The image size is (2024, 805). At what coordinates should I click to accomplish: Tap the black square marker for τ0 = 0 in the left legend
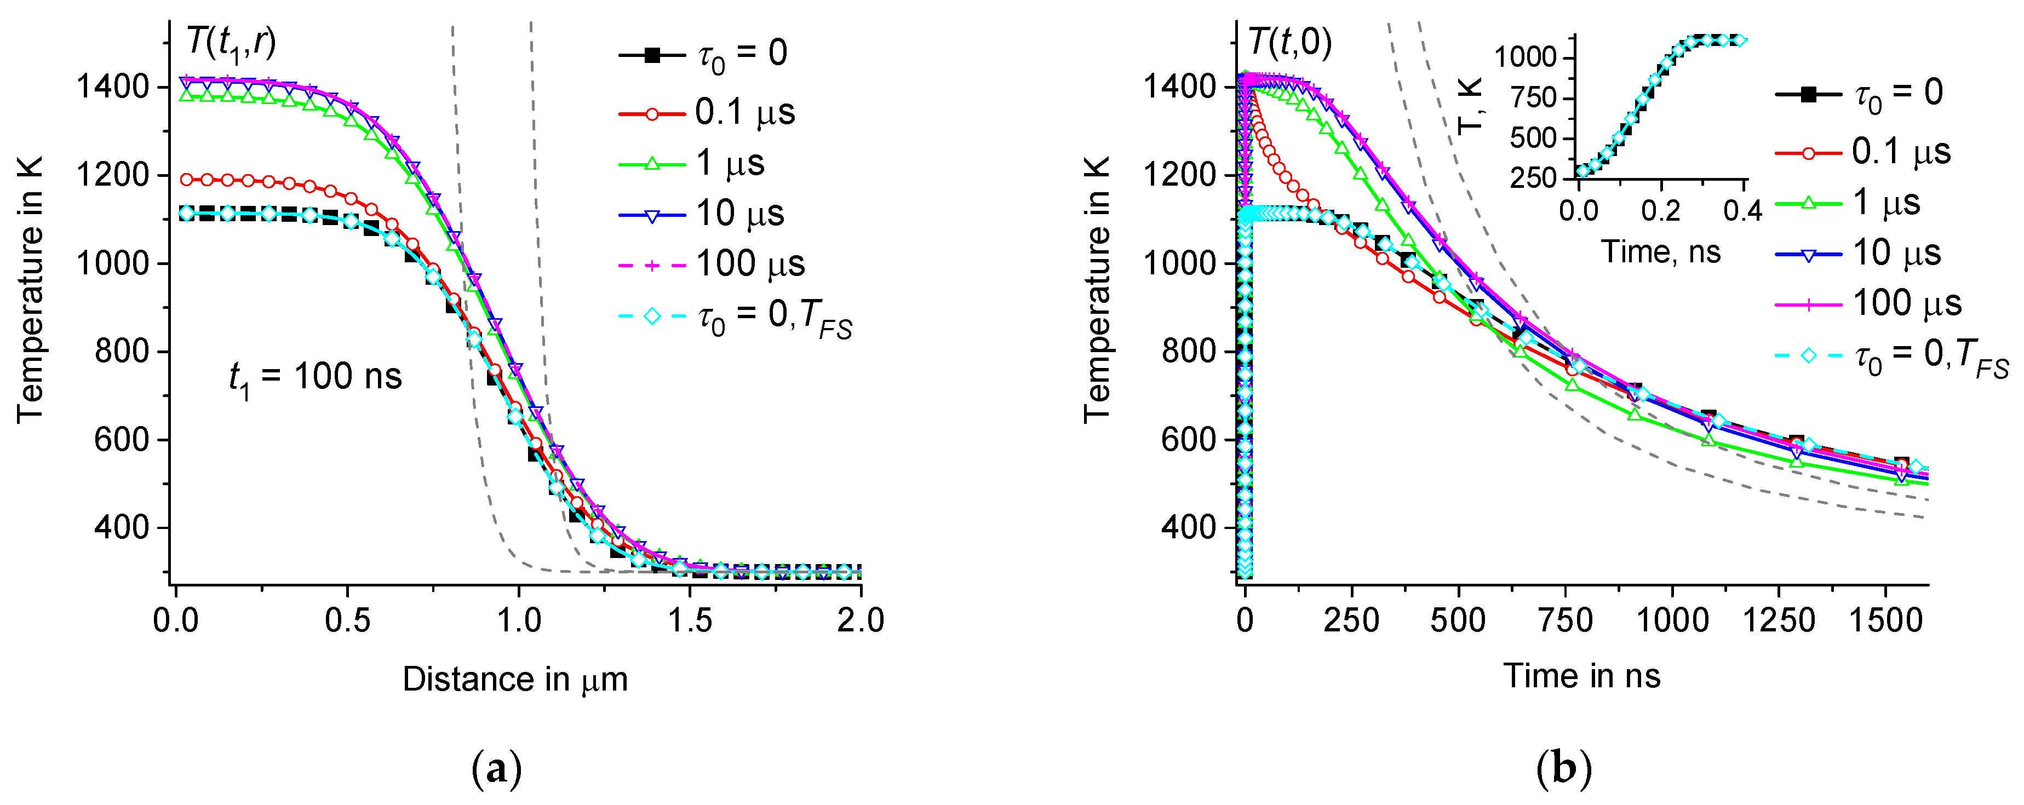[x=651, y=55]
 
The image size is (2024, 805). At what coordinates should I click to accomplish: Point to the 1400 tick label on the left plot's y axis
[x=111, y=87]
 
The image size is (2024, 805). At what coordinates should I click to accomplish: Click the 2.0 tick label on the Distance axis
[x=861, y=621]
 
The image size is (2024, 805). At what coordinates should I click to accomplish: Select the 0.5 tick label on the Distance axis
[x=347, y=621]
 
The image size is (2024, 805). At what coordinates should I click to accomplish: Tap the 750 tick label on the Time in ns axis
[x=1565, y=621]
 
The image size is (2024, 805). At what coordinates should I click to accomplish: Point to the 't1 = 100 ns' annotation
[x=315, y=378]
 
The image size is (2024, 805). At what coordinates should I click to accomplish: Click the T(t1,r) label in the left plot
[x=231, y=43]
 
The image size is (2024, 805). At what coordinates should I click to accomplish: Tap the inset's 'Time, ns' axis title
[x=1660, y=252]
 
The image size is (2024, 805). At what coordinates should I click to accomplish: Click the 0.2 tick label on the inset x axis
[x=1660, y=210]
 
